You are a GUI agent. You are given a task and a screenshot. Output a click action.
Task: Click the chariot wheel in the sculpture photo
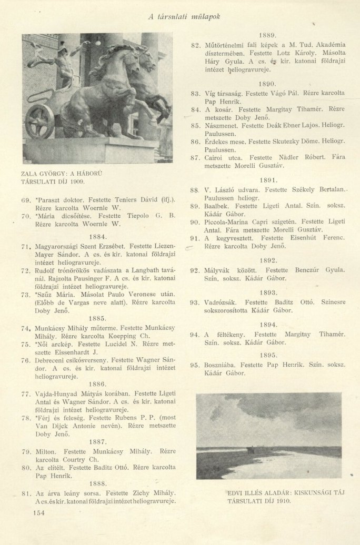(x=40, y=121)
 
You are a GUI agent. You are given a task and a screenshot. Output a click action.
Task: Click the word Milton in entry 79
(x=46, y=451)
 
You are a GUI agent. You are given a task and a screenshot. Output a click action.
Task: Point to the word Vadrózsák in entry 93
(x=223, y=302)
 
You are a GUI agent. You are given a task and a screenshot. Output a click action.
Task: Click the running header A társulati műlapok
(x=184, y=16)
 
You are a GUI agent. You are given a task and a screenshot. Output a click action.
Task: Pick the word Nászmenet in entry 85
(x=222, y=126)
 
